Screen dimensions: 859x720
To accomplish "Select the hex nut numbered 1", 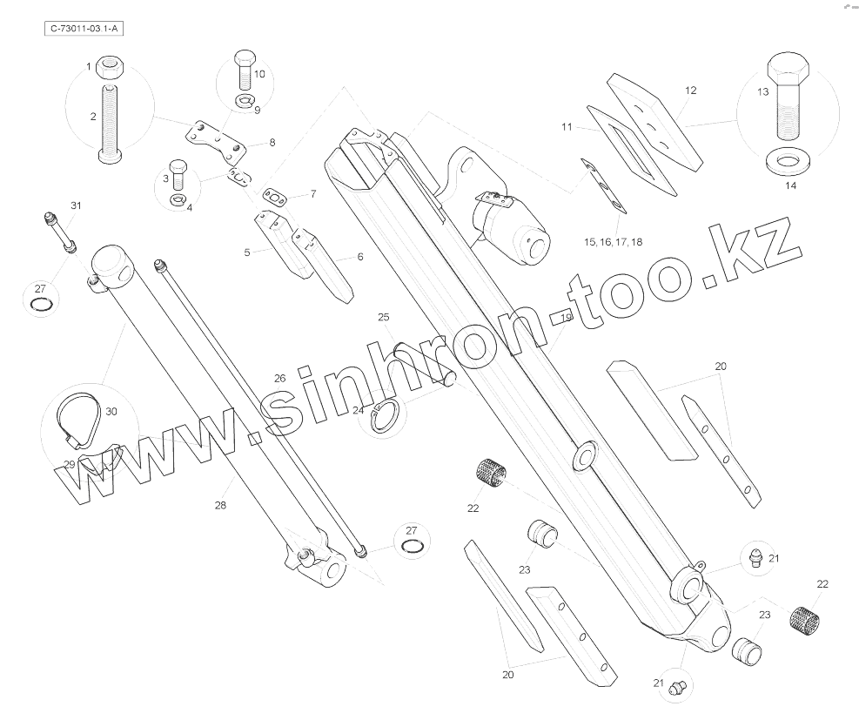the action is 110,66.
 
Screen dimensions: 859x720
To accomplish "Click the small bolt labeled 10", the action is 243,69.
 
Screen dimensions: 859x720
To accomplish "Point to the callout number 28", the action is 220,505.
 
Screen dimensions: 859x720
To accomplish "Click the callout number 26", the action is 279,378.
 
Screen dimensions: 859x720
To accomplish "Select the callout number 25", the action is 383,317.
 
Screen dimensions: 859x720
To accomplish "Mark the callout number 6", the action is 359,257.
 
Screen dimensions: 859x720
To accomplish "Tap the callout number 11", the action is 567,127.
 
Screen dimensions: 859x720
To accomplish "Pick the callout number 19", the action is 566,319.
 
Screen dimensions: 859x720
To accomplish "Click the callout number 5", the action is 247,252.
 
